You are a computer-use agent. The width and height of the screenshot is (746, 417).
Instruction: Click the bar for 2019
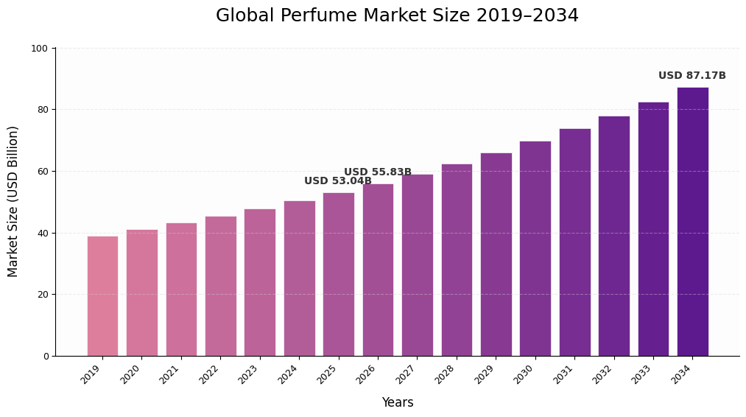click(x=102, y=295)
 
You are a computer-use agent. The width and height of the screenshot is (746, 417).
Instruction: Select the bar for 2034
click(x=692, y=222)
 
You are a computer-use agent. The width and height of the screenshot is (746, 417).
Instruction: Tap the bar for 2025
click(x=339, y=274)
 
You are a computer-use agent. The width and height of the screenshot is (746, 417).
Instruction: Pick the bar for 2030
click(x=535, y=248)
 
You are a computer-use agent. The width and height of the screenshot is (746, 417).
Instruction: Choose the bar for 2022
click(x=221, y=286)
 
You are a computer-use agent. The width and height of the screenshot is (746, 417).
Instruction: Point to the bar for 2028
click(x=457, y=259)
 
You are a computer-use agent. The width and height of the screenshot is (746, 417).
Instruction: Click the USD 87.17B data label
click(x=692, y=76)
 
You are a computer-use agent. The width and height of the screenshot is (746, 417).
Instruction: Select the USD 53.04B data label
click(x=337, y=181)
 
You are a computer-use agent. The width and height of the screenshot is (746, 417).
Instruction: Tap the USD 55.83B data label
click(x=377, y=172)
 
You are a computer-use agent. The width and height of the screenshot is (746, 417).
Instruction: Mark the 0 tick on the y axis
click(x=46, y=357)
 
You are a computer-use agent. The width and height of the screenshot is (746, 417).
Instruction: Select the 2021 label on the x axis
click(x=170, y=374)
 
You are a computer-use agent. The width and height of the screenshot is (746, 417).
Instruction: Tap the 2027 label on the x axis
click(x=407, y=374)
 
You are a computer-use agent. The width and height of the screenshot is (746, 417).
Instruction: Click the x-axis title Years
click(x=397, y=403)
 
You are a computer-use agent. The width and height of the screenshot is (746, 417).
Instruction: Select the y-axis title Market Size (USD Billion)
click(x=13, y=201)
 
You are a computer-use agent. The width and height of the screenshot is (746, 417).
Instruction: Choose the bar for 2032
click(x=614, y=236)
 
